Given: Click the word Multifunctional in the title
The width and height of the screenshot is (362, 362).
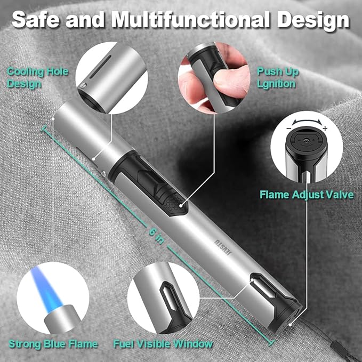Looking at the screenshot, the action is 191,20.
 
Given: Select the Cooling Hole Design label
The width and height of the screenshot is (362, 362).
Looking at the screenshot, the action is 38,78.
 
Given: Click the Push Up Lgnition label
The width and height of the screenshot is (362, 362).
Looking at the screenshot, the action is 278,78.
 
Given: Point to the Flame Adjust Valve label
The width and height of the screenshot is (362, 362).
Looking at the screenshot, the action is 307,195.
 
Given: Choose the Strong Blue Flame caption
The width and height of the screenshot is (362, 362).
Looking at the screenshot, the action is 53,344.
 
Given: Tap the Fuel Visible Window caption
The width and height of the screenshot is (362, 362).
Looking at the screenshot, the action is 163,344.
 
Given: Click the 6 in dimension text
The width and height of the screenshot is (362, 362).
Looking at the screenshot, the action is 157,236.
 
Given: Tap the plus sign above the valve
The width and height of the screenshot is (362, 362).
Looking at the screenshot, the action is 325,128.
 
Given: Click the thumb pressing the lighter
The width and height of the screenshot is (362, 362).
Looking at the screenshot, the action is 231,78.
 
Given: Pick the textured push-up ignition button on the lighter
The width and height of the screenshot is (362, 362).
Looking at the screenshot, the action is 175,203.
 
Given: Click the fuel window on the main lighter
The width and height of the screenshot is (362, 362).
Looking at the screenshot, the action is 264,286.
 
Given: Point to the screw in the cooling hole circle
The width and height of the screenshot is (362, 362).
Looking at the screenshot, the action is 83,86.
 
